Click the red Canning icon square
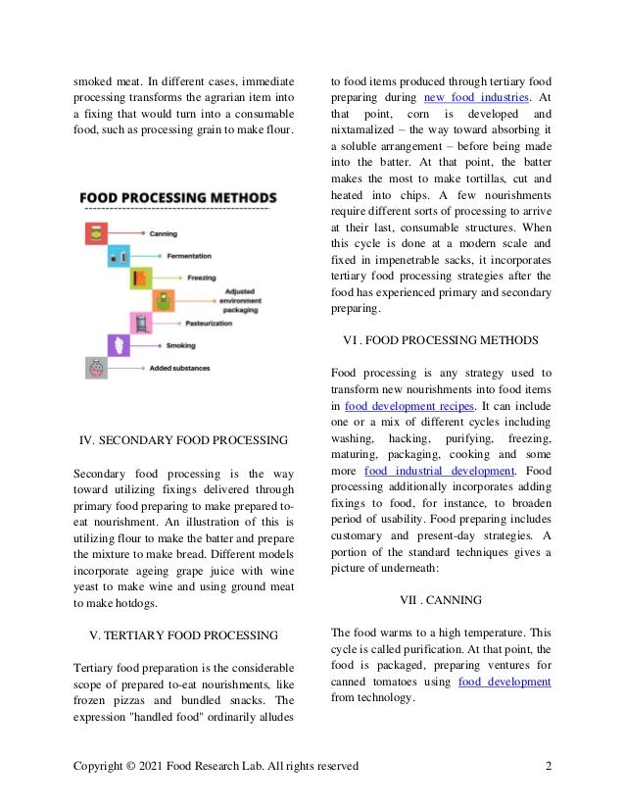pos(97,234)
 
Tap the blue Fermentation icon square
pos(119,255)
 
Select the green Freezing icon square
pos(141,278)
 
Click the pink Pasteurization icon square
pos(141,323)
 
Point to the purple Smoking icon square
pos(119,345)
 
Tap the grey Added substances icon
pos(96,368)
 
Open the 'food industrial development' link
pos(440,471)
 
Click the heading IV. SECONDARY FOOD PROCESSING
pos(183,439)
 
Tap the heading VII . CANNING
pos(441,599)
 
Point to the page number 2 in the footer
pos(548,766)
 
